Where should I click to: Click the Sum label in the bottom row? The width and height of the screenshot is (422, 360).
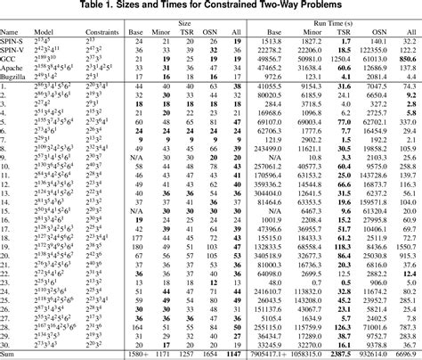[11, 354]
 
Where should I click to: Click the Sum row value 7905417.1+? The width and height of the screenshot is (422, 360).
[264, 354]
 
